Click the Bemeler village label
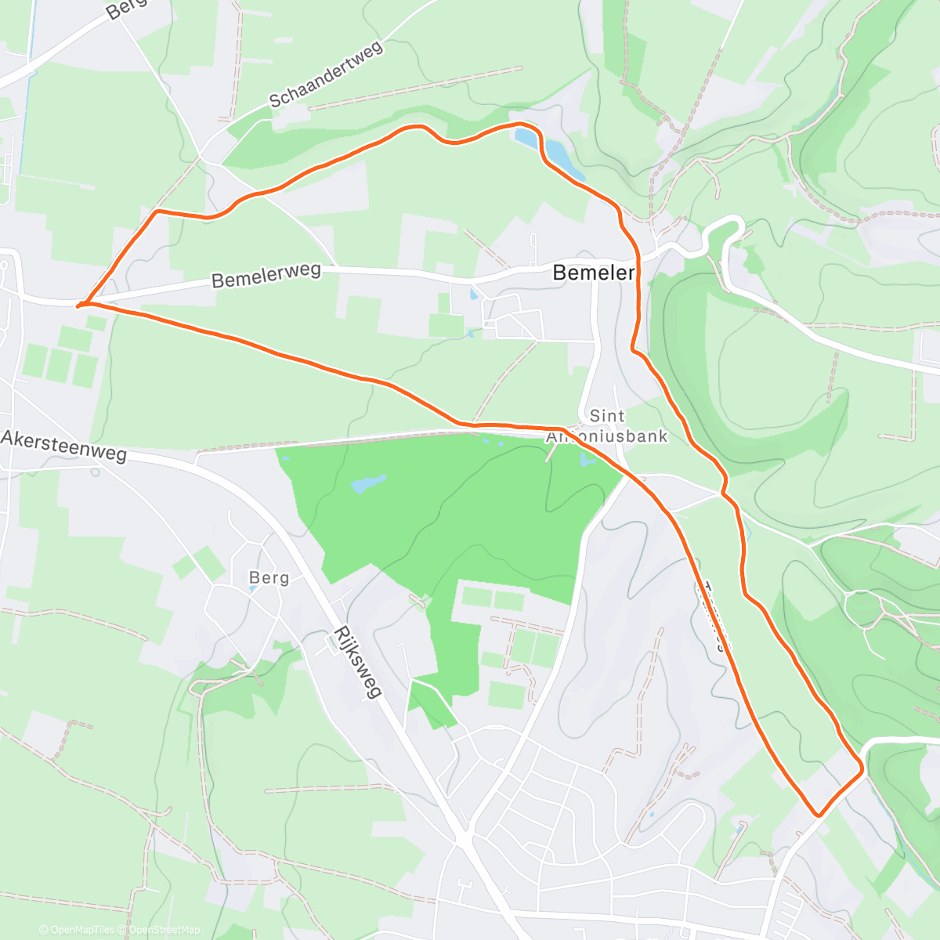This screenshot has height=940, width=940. pyautogui.click(x=593, y=273)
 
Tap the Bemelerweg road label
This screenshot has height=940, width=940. pyautogui.click(x=266, y=275)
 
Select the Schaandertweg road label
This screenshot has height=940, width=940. pyautogui.click(x=325, y=74)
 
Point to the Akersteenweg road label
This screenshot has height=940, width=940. pyautogui.click(x=63, y=446)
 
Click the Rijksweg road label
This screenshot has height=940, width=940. pyautogui.click(x=357, y=661)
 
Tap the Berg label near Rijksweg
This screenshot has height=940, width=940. pyautogui.click(x=269, y=578)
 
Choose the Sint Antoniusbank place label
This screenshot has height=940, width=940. pyautogui.click(x=607, y=426)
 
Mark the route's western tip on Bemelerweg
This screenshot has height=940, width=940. pyautogui.click(x=78, y=305)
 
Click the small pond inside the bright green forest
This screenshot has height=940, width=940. pyautogui.click(x=369, y=483)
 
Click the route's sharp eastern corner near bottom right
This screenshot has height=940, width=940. pyautogui.click(x=862, y=770)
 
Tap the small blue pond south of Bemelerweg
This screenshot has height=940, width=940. pyautogui.click(x=473, y=295)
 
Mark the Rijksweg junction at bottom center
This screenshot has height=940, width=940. pyautogui.click(x=464, y=837)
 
